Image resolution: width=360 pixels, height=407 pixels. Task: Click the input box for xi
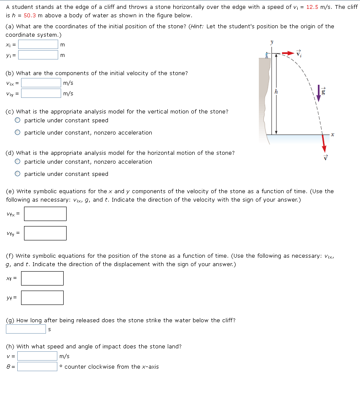click(x=38, y=44)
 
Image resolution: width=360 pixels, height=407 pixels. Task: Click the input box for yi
click(x=38, y=55)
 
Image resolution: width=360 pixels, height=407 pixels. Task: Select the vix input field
click(x=41, y=83)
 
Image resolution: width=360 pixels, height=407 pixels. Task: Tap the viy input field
click(x=41, y=93)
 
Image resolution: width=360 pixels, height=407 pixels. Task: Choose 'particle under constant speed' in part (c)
click(x=18, y=121)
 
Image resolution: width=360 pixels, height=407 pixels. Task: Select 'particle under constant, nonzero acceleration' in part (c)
click(x=18, y=133)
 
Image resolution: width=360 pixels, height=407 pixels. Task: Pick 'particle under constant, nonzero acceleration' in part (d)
click(x=18, y=162)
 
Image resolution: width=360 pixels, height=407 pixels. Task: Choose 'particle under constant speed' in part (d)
click(x=18, y=174)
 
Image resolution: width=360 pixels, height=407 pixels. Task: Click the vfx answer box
click(x=45, y=214)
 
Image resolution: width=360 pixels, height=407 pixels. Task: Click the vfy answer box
click(x=45, y=233)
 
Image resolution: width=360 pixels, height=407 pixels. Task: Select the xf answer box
click(x=42, y=278)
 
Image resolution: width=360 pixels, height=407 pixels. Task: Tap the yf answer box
click(x=42, y=298)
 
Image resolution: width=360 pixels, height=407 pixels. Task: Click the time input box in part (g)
click(x=26, y=329)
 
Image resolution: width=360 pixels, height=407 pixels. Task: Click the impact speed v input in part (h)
click(x=37, y=356)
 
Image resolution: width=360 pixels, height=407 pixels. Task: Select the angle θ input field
click(x=37, y=367)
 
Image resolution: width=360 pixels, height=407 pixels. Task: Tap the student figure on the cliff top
click(x=266, y=55)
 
